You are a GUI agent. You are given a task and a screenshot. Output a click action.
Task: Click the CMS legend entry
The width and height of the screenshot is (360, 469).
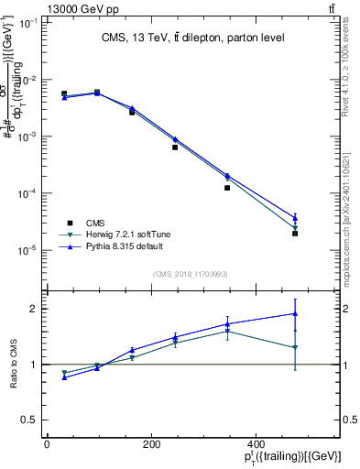click(x=95, y=223)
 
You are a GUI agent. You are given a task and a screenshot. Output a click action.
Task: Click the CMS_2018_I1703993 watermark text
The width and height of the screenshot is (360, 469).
click(x=191, y=273)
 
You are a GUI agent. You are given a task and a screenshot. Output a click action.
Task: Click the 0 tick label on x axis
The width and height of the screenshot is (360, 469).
click(x=47, y=443)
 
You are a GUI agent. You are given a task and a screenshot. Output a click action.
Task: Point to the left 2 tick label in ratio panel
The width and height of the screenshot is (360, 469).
click(x=29, y=309)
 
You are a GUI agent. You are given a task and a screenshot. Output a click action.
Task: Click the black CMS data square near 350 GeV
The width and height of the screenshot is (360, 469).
click(x=227, y=188)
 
